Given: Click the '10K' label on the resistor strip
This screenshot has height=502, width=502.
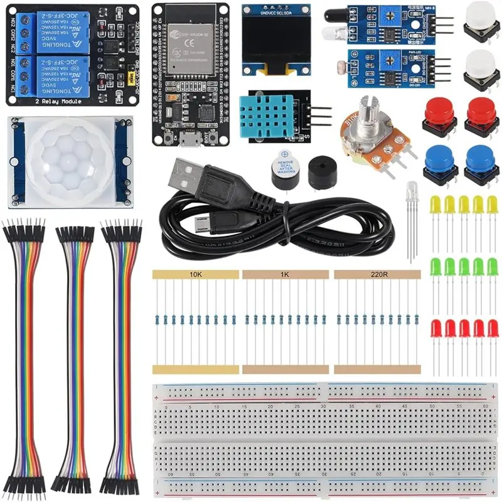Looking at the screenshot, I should (196, 274).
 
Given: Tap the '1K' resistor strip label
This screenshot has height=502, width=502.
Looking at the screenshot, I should (285, 274).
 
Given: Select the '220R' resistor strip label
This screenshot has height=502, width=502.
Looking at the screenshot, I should (377, 274).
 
